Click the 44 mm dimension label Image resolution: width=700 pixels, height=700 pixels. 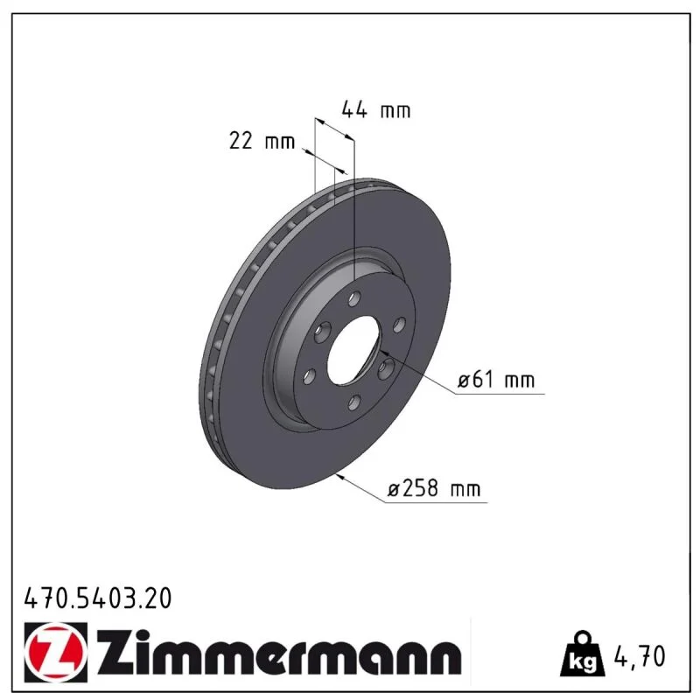click(376, 109)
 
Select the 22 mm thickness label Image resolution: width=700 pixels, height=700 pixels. click(262, 141)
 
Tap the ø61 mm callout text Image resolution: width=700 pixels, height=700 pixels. click(496, 380)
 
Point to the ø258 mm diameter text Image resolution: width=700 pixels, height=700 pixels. click(434, 488)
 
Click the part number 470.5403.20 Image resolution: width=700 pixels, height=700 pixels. click(98, 598)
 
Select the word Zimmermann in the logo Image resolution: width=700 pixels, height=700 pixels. click(279, 654)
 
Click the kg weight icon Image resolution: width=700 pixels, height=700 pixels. click(583, 654)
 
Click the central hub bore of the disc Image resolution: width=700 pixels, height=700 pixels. click(353, 351)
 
